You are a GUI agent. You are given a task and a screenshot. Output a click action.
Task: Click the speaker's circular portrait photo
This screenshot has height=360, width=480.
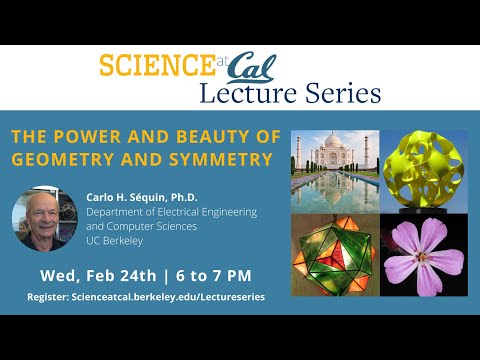pyautogui.click(x=44, y=219)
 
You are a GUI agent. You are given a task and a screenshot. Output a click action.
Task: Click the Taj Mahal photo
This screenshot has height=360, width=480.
pyautogui.click(x=333, y=171)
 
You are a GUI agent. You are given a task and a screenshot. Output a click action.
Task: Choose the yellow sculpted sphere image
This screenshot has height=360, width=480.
pyautogui.click(x=423, y=171)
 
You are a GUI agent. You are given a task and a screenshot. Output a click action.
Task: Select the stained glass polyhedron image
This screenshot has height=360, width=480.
pyautogui.click(x=333, y=256)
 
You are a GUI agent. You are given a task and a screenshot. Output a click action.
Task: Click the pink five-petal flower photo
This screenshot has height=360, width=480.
pyautogui.click(x=423, y=256)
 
